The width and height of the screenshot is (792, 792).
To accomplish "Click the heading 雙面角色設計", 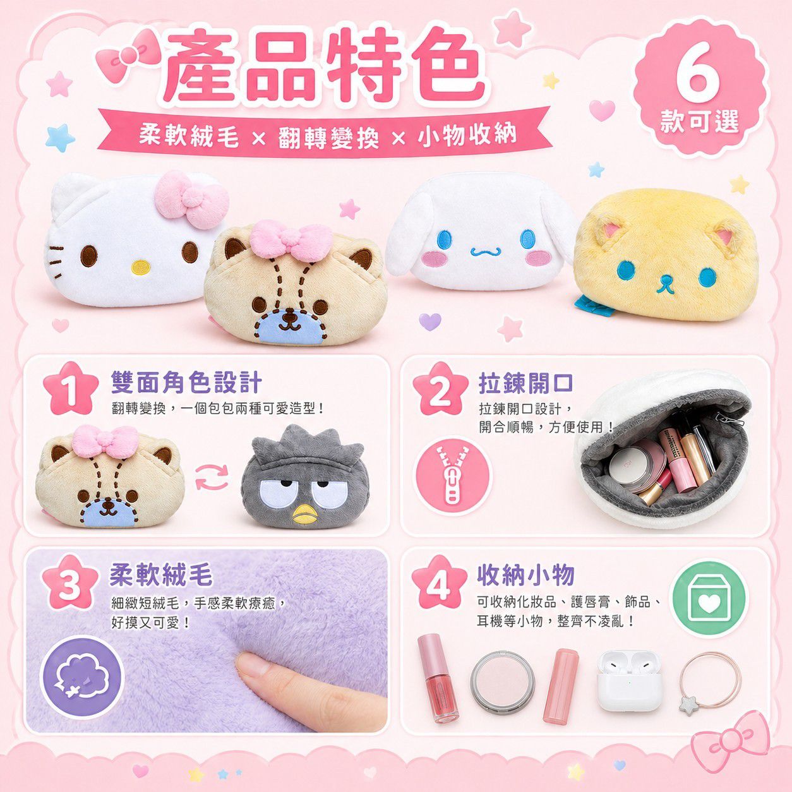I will click(186, 382).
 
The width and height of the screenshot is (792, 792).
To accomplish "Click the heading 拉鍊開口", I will click(525, 382).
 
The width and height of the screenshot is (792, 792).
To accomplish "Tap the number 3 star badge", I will click(70, 584).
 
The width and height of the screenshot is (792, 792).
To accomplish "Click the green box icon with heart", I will click(708, 597).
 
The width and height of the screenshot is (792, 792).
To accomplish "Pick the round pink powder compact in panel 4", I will click(502, 680).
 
